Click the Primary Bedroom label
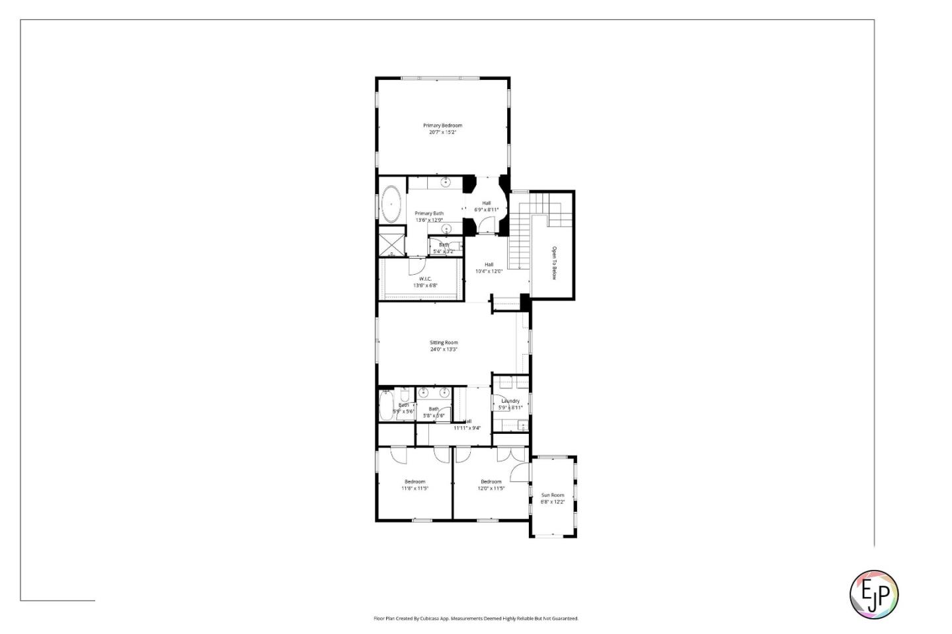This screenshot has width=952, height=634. [x=442, y=125]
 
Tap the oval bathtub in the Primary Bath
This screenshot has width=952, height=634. [x=391, y=204]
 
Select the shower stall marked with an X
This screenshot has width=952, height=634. [x=391, y=242]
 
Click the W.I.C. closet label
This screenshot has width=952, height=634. [x=425, y=279]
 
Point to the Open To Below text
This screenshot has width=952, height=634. [x=554, y=263]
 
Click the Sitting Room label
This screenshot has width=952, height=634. [x=444, y=343]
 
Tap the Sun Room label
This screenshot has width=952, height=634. [x=553, y=495]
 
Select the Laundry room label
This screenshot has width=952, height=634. [x=510, y=401]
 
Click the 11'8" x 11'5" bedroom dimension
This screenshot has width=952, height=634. [x=415, y=489]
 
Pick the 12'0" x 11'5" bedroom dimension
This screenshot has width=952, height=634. [x=491, y=489]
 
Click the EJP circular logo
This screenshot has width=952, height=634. [x=873, y=594]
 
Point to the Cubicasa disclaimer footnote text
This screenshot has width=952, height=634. [x=476, y=619]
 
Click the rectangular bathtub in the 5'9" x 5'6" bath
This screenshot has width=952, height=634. [x=387, y=405]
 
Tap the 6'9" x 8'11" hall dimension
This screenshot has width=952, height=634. [x=486, y=210]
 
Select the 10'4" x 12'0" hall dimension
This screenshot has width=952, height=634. [x=489, y=271]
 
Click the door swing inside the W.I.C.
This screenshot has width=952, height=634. [x=416, y=265]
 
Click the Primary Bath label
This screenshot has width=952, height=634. [x=429, y=213]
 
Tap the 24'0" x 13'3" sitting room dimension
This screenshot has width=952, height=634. [x=444, y=349]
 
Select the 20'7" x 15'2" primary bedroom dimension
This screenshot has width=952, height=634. [x=442, y=132]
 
